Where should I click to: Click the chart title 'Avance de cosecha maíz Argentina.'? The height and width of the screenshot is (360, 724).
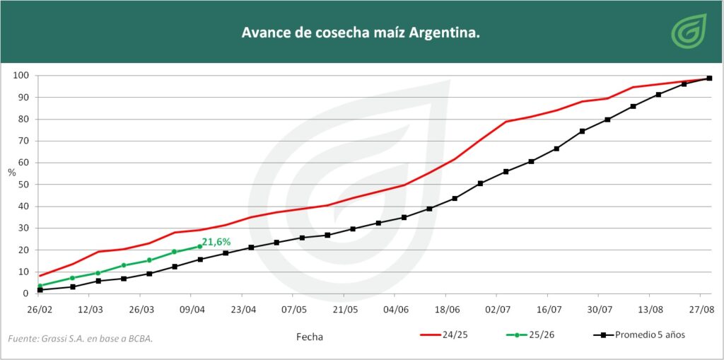click(361, 33)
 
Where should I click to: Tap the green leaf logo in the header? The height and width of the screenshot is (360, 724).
click(689, 32)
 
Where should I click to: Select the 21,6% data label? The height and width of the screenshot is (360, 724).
click(216, 242)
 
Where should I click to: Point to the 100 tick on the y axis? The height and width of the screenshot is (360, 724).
click(21, 76)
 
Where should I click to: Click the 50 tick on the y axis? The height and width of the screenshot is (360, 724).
click(23, 185)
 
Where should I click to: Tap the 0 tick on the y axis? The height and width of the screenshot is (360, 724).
click(25, 294)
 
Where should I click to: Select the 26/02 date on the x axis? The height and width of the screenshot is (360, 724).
click(40, 309)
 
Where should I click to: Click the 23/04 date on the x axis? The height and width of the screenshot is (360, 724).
click(243, 309)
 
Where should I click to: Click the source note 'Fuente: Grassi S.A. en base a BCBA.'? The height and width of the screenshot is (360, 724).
click(81, 339)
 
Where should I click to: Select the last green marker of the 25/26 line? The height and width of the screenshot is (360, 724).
click(200, 246)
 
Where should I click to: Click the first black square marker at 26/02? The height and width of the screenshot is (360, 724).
click(40, 289)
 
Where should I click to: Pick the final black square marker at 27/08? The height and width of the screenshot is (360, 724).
click(709, 79)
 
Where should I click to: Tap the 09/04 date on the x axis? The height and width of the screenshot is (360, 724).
click(192, 309)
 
